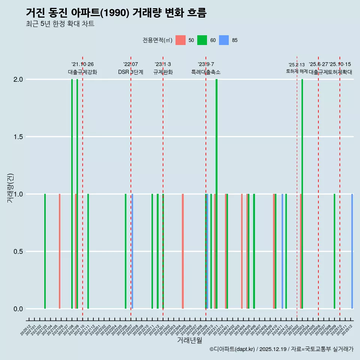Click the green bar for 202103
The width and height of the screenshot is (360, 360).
tap(45, 251)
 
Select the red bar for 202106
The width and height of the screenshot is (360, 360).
tap(60, 251)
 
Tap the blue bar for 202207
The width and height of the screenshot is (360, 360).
tap(132, 251)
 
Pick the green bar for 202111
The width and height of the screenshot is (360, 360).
tap(88, 251)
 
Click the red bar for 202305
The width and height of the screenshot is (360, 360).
tap(183, 251)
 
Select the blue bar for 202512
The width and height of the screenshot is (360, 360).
tap(352, 251)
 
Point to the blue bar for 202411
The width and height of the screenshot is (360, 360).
tap(282, 251)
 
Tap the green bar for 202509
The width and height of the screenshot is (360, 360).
tap(334, 251)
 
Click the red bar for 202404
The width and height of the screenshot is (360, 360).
tap(242, 251)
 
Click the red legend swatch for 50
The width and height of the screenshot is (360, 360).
tap(180, 40)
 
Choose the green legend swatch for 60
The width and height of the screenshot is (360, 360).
tap(202, 40)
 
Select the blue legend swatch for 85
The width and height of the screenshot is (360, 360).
tap(224, 40)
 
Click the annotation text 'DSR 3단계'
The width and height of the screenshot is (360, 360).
tap(130, 72)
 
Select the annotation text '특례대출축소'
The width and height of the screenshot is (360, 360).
tap(206, 72)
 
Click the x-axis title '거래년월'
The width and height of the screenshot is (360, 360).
tap(190, 340)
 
